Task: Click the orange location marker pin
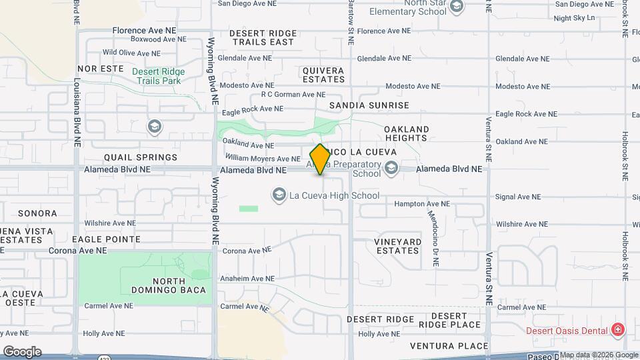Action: click(x=320, y=159)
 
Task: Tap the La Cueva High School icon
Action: click(x=279, y=195)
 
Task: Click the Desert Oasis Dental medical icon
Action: click(x=618, y=330)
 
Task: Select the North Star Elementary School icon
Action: click(x=457, y=7)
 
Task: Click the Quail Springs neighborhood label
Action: click(x=141, y=157)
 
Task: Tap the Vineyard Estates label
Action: click(x=398, y=246)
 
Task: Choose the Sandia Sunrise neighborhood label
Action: click(x=369, y=105)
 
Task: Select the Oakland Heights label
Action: click(x=406, y=133)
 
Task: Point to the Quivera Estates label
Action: click(x=323, y=75)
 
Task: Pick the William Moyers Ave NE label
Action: click(x=263, y=158)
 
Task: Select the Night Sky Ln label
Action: click(x=574, y=18)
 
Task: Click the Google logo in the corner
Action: click(x=22, y=351)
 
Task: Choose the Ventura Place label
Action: click(x=449, y=346)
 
